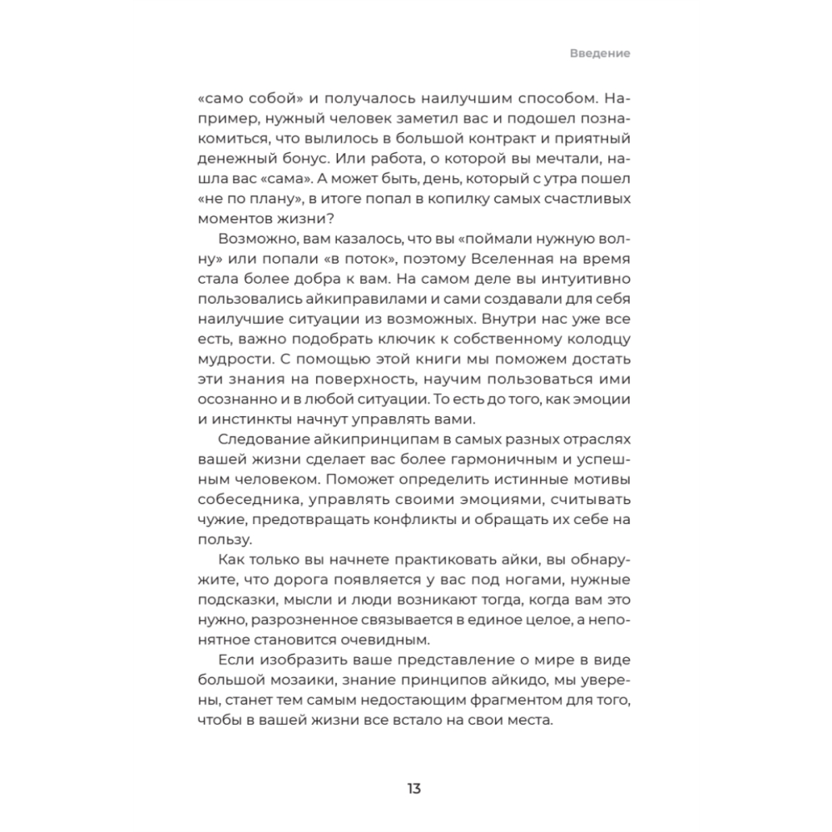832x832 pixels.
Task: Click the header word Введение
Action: [x=600, y=52]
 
